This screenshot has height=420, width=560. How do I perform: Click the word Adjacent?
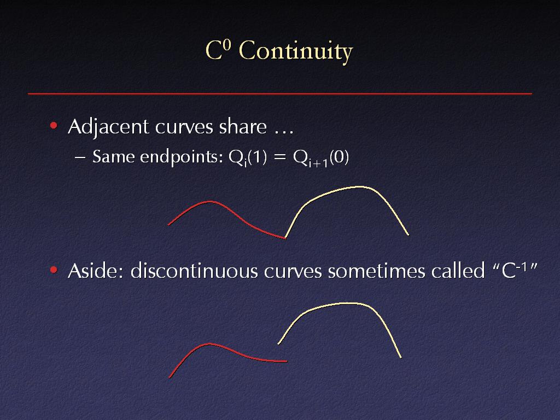point(108,127)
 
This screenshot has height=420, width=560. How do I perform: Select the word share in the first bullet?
point(243,126)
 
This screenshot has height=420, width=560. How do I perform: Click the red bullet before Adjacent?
point(54,125)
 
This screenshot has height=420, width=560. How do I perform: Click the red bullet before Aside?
point(54,270)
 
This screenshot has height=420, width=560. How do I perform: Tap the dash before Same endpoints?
point(80,157)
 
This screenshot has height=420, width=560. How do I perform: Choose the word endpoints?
point(181,157)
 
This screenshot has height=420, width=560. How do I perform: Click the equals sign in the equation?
point(279,157)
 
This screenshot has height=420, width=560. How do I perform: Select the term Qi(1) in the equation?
point(248,158)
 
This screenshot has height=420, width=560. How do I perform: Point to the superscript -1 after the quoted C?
point(522,266)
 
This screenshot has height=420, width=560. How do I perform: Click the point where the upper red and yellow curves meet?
point(285,238)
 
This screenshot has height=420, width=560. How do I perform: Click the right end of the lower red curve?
point(287,361)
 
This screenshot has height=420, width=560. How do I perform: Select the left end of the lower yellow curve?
point(278,344)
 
